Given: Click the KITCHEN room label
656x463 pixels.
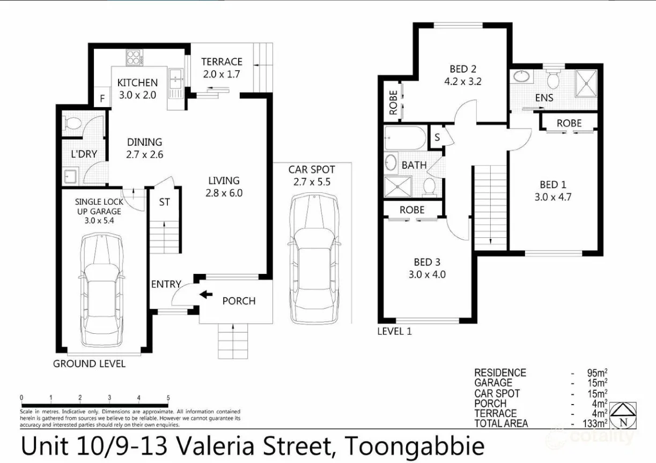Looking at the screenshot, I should point(137,83).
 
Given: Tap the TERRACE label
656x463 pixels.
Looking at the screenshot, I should point(222,62).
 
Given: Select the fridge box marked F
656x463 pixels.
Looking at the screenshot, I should point(102,99).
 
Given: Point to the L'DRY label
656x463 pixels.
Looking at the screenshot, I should point(84,154).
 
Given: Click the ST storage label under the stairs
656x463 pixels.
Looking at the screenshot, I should point(165,203).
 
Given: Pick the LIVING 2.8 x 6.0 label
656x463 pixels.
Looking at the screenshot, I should point(224,186).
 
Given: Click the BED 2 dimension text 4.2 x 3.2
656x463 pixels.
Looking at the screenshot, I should point(463,82).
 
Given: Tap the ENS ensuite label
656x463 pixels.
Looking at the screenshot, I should point(544,98).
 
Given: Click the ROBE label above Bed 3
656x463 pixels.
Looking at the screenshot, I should point(412,210).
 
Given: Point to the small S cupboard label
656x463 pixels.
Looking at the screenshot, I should point(437,137).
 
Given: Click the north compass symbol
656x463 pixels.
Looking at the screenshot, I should point(623,414).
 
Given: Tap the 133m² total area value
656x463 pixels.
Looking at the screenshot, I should point(595,423).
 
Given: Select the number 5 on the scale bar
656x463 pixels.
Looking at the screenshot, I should point(168,398).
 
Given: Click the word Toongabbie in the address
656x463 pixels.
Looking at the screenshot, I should point(414,446).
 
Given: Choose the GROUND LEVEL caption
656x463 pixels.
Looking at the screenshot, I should point(89,364).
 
